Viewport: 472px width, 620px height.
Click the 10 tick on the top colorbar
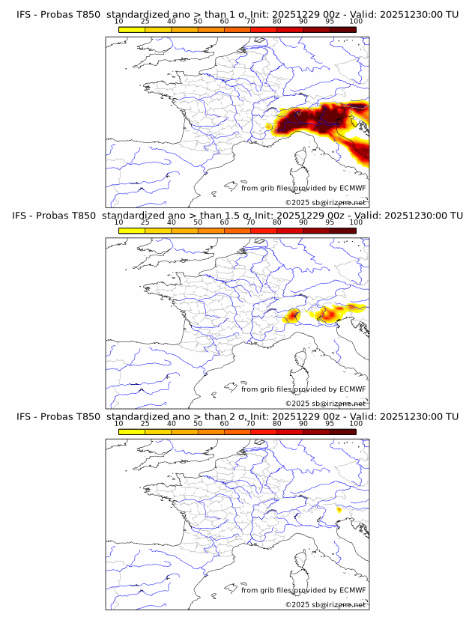pos(119,22)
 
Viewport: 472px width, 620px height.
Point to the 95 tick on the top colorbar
pos(330,22)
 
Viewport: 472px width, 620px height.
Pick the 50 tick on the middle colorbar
pos(198,222)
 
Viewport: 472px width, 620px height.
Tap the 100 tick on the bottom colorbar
pos(356,423)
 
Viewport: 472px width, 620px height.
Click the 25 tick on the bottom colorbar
pos(145,423)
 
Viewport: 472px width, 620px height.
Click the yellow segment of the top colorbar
pos(132,30)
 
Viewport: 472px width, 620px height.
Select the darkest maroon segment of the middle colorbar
pos(343,231)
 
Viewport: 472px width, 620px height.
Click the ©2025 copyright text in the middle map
pos(325,404)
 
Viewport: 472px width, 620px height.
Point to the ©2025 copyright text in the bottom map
pos(325,604)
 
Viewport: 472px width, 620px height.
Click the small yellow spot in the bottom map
pos(339,510)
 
